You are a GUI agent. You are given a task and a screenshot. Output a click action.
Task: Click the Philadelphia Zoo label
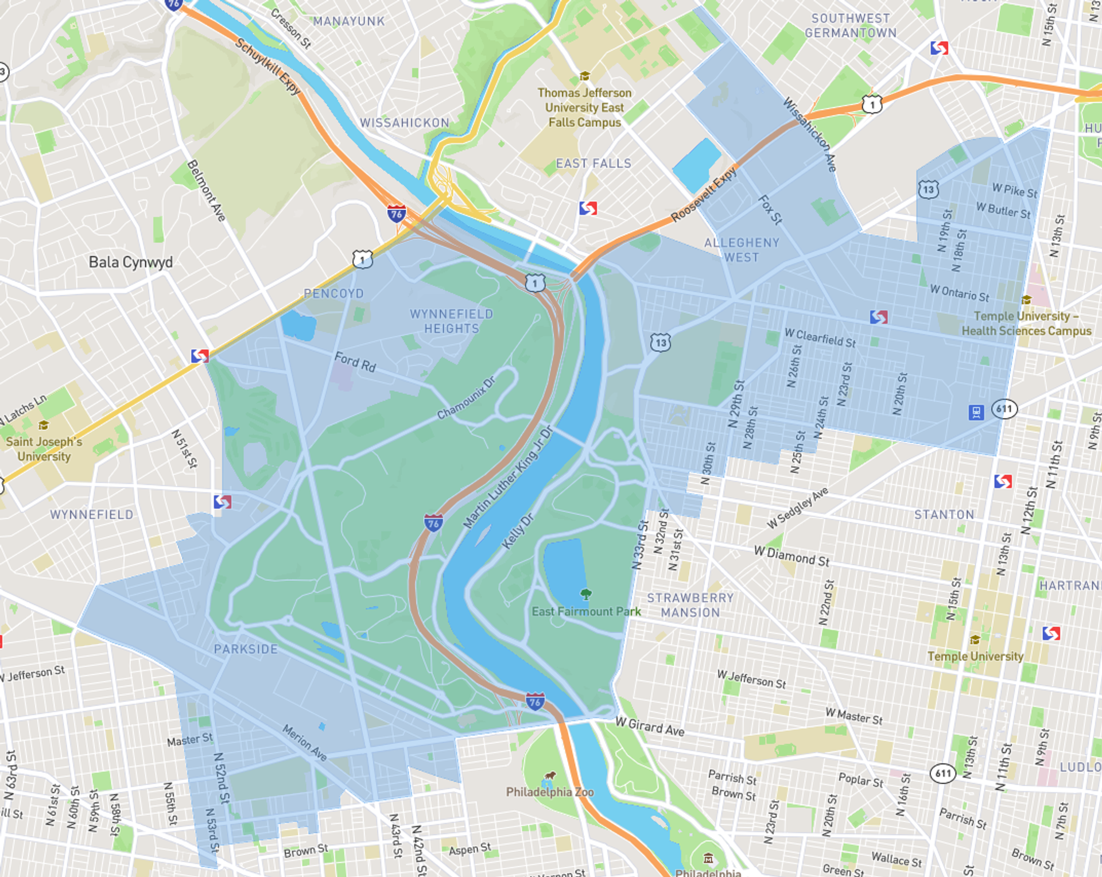[549, 792]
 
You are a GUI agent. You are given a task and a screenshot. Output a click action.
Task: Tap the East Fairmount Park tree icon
[585, 593]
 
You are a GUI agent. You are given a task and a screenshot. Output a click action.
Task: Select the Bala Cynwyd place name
[130, 262]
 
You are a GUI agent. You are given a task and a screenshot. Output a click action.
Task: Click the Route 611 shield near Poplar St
[943, 773]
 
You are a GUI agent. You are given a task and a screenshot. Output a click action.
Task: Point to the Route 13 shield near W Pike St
[928, 189]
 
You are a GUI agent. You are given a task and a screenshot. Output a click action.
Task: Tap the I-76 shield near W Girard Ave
[535, 701]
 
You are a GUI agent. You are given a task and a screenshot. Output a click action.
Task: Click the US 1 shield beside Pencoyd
[362, 259]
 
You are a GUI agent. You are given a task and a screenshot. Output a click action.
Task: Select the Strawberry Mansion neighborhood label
[690, 605]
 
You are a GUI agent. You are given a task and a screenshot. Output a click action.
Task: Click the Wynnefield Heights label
[451, 321]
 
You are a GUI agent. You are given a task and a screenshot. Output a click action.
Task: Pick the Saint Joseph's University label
[44, 449]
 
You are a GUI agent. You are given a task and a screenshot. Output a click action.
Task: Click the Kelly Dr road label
[518, 531]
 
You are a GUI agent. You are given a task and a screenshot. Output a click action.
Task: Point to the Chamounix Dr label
[466, 398]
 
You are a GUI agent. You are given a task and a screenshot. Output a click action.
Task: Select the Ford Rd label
[355, 362]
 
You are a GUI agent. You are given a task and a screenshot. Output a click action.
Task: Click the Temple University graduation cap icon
[974, 639]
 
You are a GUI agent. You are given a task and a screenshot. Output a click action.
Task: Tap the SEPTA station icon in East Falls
[588, 208]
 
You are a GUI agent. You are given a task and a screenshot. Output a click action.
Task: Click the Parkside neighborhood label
[246, 649]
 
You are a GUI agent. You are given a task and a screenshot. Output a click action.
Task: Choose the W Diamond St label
[791, 556]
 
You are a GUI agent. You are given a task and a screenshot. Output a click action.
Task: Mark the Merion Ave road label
[305, 743]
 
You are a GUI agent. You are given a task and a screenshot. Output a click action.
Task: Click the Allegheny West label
[742, 250]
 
